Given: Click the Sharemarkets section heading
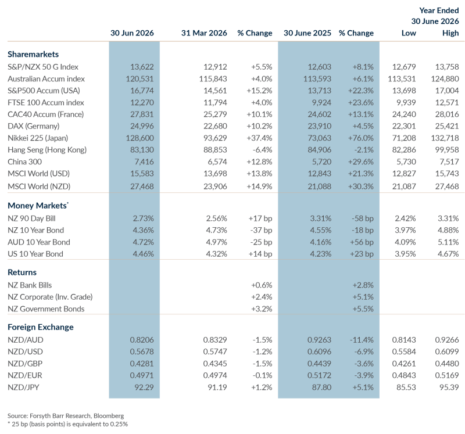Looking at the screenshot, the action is tap(33, 54).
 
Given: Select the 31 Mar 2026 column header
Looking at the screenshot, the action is tap(204, 33).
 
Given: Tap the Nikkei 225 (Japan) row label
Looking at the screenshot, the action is tap(38, 138).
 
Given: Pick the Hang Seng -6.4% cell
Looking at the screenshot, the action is tap(262, 150).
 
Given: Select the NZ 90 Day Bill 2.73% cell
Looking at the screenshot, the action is tap(143, 218).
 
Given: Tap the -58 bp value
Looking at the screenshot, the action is tap(362, 218).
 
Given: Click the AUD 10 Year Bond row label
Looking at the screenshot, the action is tap(39, 242).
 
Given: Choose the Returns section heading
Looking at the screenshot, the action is tap(22, 272).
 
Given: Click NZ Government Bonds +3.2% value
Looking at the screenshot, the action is tap(262, 309).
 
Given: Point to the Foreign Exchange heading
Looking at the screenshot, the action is tap(41, 327).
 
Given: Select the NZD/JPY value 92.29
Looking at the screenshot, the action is tap(144, 388).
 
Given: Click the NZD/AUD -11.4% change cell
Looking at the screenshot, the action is tap(362, 340).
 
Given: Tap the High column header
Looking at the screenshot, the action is tap(450, 33).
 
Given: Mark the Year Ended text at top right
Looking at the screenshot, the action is tap(439, 10).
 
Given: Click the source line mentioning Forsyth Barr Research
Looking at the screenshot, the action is tap(66, 416).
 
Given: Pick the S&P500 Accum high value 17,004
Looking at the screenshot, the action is tap(447, 91).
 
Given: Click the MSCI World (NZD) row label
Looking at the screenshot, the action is tap(39, 186).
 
